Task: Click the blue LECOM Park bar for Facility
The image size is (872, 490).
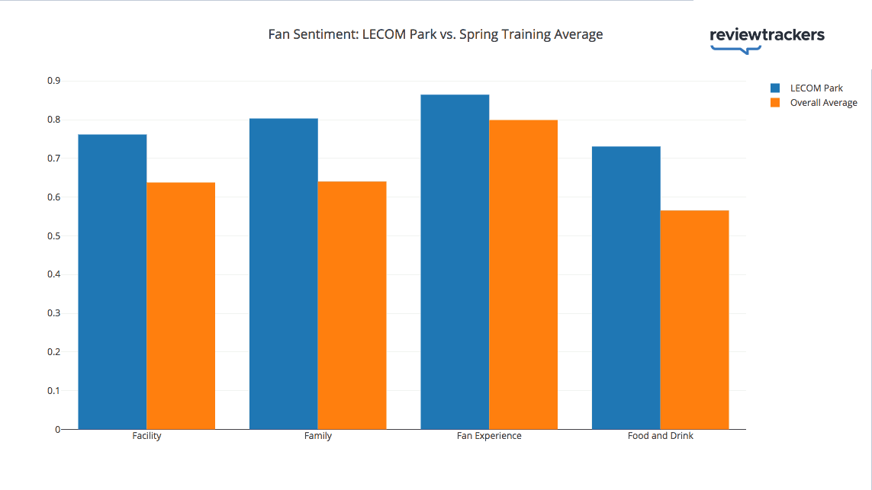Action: [112, 282]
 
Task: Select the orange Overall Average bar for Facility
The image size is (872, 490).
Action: [181, 306]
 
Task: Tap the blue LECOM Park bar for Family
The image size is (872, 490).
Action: [284, 274]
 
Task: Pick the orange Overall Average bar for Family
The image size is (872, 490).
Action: [352, 306]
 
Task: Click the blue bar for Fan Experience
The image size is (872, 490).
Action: [455, 262]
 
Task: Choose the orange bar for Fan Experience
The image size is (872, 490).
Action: [523, 274]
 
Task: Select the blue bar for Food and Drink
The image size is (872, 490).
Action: [626, 288]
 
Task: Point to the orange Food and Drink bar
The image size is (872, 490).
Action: [694, 320]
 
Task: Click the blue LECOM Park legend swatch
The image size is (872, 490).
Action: [775, 88]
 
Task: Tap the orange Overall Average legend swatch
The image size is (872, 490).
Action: [775, 103]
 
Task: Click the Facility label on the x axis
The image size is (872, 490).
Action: [146, 436]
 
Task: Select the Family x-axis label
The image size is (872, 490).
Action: [318, 436]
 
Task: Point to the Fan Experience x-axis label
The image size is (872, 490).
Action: [489, 436]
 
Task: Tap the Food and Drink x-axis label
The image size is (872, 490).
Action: [661, 436]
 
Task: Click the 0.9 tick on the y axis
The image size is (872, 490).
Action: [53, 81]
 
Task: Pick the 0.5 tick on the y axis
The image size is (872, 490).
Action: [53, 236]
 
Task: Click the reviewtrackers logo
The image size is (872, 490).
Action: [767, 38]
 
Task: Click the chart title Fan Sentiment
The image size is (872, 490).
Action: [436, 34]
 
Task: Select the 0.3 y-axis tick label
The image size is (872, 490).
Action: [53, 313]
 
